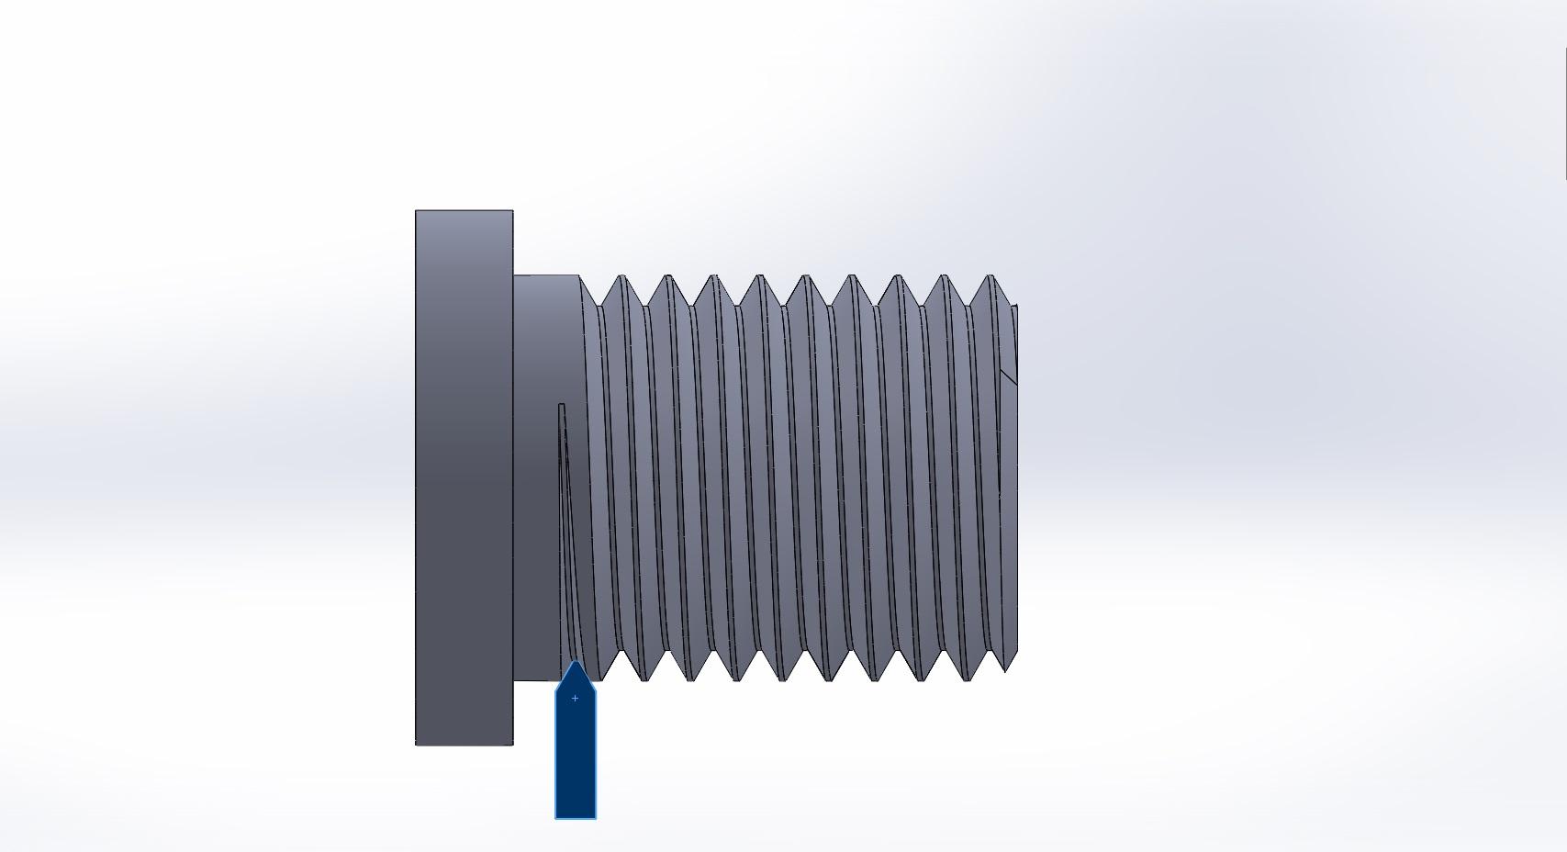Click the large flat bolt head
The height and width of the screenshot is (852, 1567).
point(464,477)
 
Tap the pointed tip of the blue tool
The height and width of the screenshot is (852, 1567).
point(576,663)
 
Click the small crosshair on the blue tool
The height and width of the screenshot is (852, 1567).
point(576,699)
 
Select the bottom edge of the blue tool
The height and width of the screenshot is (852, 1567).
point(576,817)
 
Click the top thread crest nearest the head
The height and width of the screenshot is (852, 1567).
point(622,277)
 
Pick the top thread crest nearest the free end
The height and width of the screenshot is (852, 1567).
point(991,277)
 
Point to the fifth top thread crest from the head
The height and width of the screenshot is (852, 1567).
point(806,277)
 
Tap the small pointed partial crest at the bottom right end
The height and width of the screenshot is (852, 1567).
point(1007,668)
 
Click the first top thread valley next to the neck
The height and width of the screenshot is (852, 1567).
point(599,304)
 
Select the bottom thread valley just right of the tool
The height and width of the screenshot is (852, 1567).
point(621,653)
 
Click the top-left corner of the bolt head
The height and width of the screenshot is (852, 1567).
point(417,211)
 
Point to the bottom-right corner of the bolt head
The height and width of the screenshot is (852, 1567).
point(512,744)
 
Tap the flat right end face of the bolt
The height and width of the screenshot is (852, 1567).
point(1013,477)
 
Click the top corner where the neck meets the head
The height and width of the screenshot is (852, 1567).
point(514,275)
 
